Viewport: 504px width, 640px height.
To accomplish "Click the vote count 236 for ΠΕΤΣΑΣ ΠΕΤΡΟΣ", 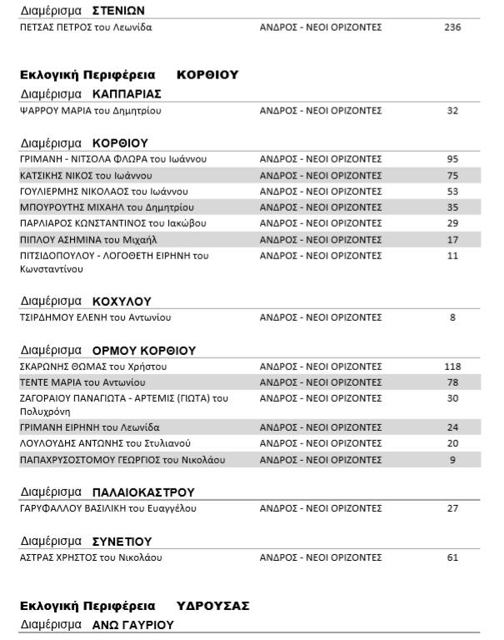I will click(x=452, y=27).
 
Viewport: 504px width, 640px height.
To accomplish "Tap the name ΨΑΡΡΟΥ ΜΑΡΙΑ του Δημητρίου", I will click(x=89, y=110).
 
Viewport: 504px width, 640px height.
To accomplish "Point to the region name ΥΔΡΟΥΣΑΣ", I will click(x=212, y=605).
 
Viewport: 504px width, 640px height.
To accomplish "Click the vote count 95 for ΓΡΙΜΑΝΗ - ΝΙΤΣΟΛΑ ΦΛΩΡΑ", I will click(x=452, y=158).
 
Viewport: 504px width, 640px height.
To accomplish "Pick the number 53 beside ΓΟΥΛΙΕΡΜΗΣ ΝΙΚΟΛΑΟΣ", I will click(x=452, y=191).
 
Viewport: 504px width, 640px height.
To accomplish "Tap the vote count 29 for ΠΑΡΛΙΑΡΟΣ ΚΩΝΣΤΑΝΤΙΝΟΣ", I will click(x=452, y=223).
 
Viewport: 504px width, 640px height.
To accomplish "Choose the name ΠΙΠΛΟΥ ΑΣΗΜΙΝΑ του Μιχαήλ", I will click(x=81, y=240).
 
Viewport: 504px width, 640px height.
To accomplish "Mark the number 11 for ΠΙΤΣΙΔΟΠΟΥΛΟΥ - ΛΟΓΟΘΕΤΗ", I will click(x=452, y=256).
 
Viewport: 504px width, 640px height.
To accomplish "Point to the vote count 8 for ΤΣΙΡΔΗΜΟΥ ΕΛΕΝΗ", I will click(x=452, y=317).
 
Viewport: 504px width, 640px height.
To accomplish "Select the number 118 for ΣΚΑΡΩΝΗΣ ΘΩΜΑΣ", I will click(x=452, y=366).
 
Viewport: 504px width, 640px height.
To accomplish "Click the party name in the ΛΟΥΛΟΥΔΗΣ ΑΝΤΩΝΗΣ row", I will click(x=321, y=443).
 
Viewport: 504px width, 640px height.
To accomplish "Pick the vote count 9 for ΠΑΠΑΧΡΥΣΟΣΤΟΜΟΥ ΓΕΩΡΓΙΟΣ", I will click(x=452, y=459).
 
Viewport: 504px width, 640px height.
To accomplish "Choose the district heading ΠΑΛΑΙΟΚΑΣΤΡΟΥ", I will click(x=143, y=492).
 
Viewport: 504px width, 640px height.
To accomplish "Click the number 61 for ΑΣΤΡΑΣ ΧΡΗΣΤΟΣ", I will click(x=452, y=557).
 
